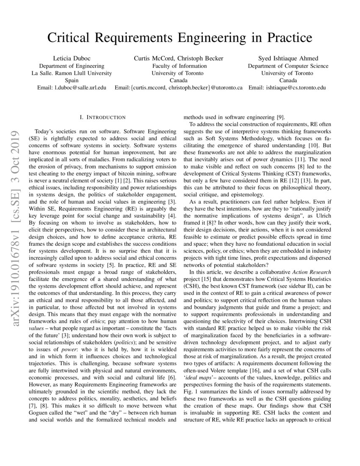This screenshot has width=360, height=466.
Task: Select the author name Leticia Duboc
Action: (x=72, y=58)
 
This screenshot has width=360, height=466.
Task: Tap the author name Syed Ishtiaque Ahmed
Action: (x=288, y=58)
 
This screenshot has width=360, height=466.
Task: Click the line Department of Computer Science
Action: (x=288, y=66)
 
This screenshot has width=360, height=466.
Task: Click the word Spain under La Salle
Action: (x=72, y=80)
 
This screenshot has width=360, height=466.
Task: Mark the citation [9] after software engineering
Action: (x=280, y=117)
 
